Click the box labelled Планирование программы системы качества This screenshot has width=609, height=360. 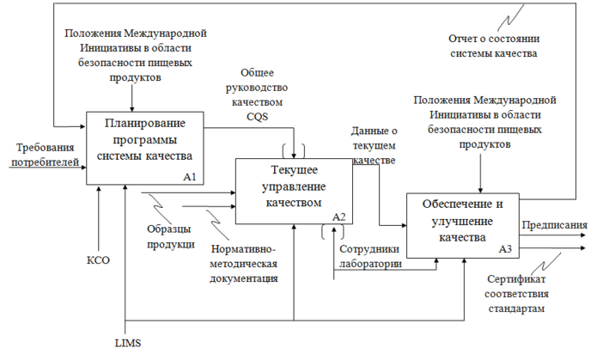point(146,142)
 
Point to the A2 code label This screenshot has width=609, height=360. point(338,216)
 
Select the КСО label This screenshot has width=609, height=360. point(100,259)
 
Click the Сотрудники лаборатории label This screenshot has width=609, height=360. point(370,257)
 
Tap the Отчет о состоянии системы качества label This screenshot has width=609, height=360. point(493,46)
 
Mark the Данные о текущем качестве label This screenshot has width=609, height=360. point(375,145)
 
